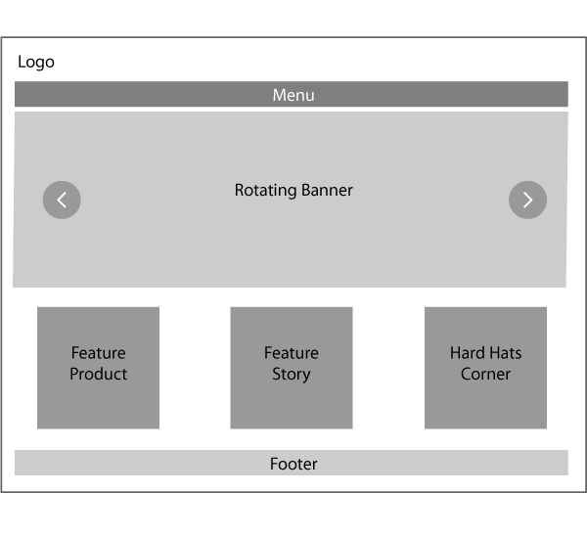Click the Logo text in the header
point(36,63)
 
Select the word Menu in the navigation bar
point(293,95)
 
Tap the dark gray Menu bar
point(147,95)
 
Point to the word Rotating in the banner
point(265,191)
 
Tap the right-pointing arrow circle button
point(527,200)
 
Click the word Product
point(98,375)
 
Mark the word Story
point(292,375)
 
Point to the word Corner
point(485,375)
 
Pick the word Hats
point(506,353)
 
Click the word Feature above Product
point(98,353)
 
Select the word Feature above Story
point(292,353)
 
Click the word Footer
point(293,464)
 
